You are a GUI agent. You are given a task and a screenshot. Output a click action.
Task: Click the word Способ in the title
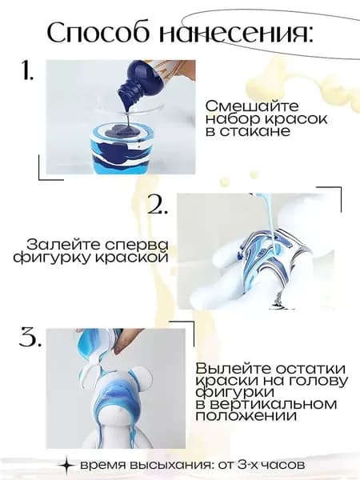tap(101, 33)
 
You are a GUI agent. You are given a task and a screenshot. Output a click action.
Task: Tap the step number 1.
tap(27, 70)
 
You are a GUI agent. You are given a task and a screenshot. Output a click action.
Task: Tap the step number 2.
tap(158, 203)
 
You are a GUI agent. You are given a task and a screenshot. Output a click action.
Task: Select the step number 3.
tap(30, 338)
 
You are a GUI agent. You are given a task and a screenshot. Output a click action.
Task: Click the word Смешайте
tap(252, 106)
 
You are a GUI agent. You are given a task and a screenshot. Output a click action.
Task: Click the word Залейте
tap(63, 245)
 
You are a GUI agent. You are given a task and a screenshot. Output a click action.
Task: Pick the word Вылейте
tap(234, 368)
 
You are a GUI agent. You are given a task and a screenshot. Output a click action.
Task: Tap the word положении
tap(246, 416)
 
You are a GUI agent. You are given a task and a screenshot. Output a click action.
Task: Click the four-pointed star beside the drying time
tap(66, 465)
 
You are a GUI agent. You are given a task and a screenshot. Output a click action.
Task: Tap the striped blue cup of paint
tap(123, 149)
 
